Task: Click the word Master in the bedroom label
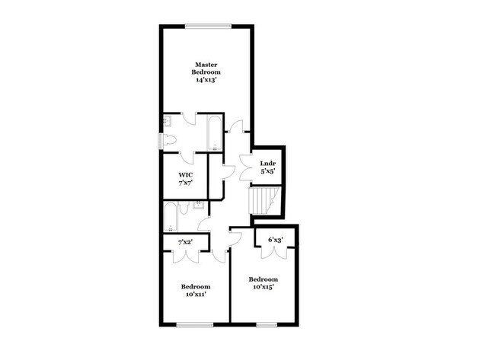(206, 64)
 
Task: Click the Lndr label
(267, 164)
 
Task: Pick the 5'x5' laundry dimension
(267, 172)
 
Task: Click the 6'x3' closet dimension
(276, 241)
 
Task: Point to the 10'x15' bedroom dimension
(261, 287)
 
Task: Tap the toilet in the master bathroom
(169, 139)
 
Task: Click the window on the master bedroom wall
(206, 27)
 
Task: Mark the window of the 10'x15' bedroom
(267, 325)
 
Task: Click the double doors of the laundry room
(247, 166)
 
